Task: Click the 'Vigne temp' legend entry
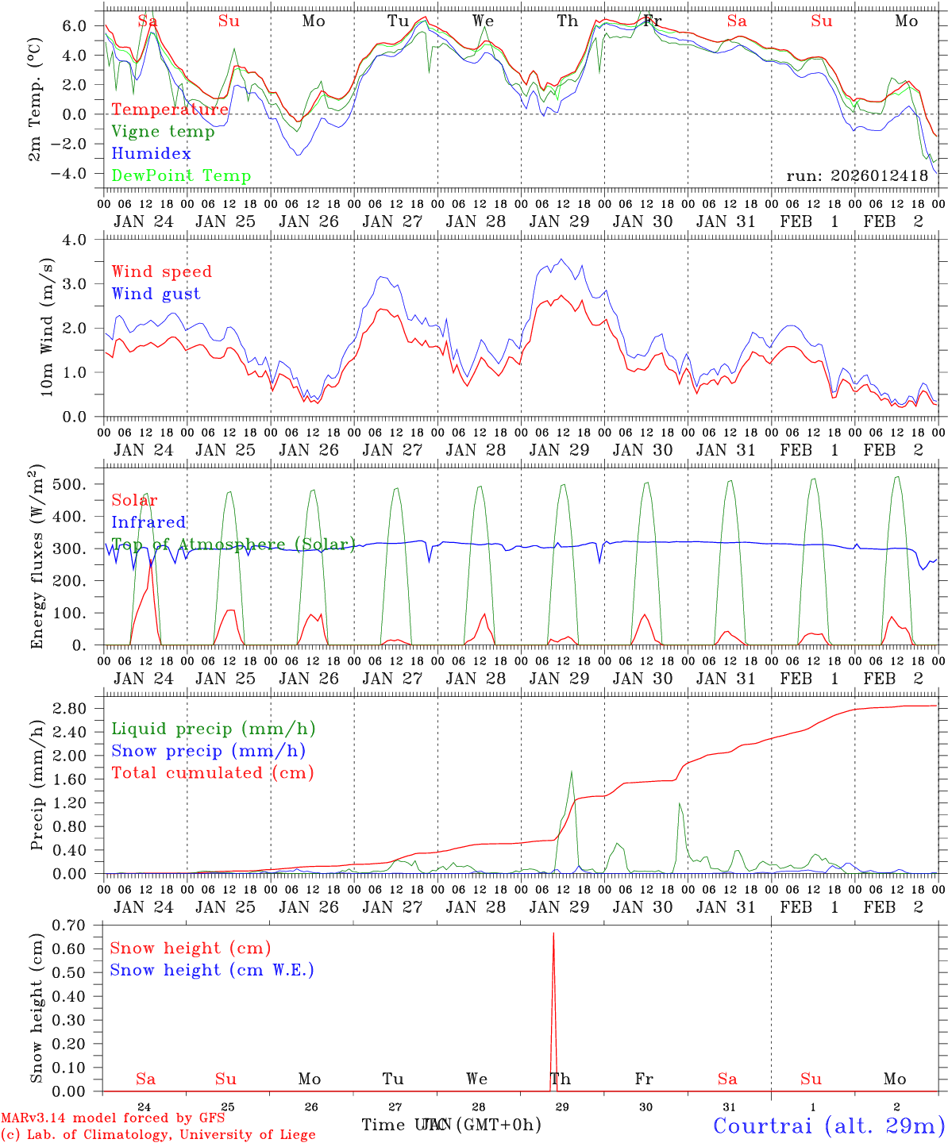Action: click(x=163, y=132)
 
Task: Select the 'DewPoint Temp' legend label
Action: click(x=181, y=175)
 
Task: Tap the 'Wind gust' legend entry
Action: click(x=156, y=294)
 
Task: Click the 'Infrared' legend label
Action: click(x=148, y=522)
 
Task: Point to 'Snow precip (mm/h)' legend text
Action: click(x=208, y=751)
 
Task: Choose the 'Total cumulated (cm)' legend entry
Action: click(x=212, y=772)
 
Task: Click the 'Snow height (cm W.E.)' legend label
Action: click(x=211, y=970)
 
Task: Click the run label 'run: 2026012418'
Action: click(x=857, y=175)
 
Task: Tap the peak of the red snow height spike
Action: click(x=553, y=934)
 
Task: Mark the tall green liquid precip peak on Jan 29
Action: click(x=571, y=772)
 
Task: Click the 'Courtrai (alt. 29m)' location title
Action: click(x=829, y=1126)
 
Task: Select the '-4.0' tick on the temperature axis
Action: click(x=70, y=174)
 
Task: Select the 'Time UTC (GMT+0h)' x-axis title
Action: click(x=451, y=1125)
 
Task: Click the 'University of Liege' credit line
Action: click(x=159, y=1134)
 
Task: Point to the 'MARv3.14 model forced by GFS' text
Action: click(x=113, y=1118)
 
